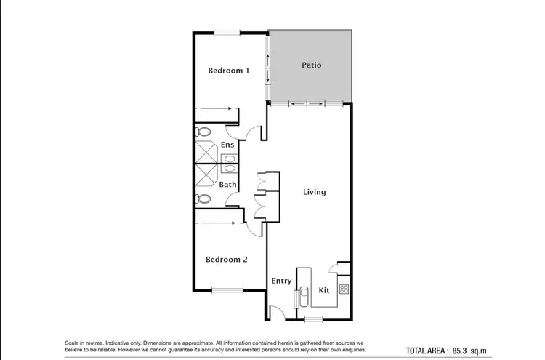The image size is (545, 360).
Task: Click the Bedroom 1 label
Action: (229, 71)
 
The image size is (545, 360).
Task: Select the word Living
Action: (314, 192)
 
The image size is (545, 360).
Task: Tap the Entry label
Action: (281, 281)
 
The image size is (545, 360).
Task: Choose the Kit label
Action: (325, 290)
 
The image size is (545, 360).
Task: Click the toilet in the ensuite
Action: (204, 132)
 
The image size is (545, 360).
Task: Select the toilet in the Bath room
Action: (204, 199)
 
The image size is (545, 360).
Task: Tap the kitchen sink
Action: (304, 297)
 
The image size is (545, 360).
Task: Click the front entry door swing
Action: (276, 313)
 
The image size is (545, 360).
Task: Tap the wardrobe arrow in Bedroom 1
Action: (216, 110)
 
